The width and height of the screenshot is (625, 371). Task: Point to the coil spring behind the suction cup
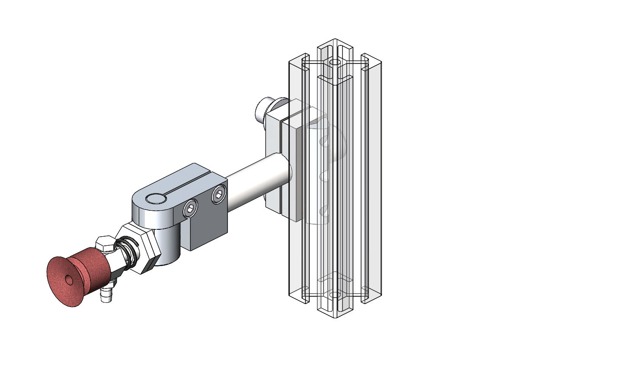tap(128, 252)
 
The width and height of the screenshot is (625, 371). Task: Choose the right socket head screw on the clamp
tap(219, 197)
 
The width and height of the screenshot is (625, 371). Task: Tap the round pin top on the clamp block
tap(156, 199)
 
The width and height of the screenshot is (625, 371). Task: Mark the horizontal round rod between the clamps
tap(255, 181)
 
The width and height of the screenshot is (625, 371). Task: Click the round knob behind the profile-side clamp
tap(263, 110)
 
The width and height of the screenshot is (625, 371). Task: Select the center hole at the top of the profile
tap(335, 63)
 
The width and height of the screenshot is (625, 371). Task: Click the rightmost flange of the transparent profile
tap(372, 181)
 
